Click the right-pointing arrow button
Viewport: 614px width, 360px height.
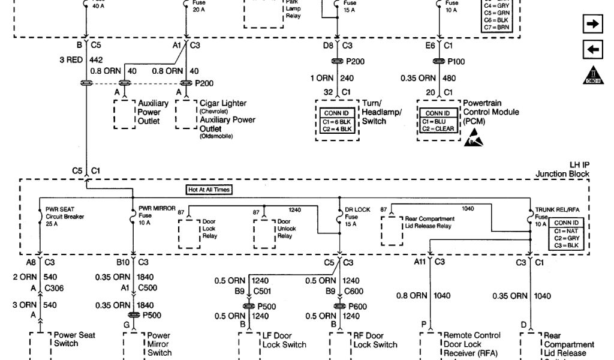592,24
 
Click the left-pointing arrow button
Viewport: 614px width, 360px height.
592,49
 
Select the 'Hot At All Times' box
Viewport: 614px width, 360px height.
209,190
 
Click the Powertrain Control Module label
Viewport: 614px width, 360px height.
490,112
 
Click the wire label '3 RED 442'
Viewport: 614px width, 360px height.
81,60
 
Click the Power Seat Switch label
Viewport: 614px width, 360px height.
74,340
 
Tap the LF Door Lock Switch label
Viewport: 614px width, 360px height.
284,340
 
